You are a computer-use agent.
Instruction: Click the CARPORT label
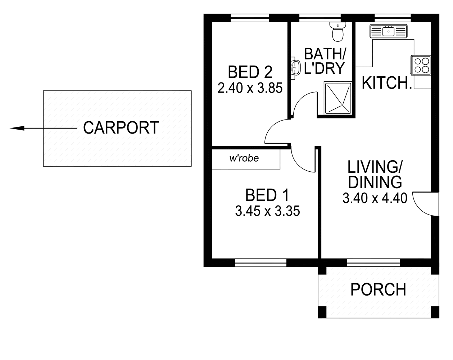pos(121,128)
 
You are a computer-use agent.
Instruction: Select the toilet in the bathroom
pos(338,32)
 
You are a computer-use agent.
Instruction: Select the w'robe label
pos(244,158)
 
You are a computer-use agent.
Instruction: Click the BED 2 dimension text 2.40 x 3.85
pos(250,88)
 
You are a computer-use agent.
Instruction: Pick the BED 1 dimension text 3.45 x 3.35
pos(267,211)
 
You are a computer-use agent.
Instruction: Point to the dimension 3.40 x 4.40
pos(375,198)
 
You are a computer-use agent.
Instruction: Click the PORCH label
pos(378,289)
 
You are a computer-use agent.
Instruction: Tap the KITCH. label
pos(386,83)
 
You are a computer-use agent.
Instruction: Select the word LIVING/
pos(375,167)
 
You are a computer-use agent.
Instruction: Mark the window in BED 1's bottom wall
pos(261,263)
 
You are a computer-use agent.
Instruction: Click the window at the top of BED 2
pos(250,18)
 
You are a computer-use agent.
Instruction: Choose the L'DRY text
pos(325,68)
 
